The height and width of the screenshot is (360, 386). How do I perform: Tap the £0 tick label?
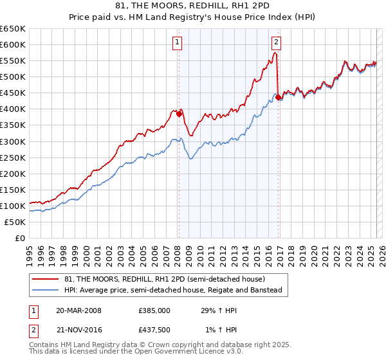point(19,238)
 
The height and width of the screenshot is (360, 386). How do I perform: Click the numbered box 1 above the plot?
point(176,43)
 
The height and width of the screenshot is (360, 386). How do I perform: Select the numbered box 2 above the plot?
point(276,43)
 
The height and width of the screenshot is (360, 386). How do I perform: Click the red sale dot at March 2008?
point(179,114)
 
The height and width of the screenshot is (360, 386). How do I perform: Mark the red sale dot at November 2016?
point(278,97)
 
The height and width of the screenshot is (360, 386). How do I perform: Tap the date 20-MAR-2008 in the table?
point(78,310)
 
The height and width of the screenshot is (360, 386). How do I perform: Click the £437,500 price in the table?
point(154,330)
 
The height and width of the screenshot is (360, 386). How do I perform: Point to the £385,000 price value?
point(154,310)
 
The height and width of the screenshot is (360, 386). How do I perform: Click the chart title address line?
point(192,7)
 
